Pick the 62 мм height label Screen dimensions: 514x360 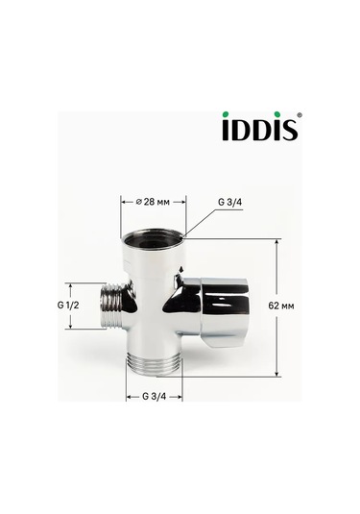click(x=300, y=304)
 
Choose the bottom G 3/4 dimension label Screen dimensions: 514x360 click(x=155, y=397)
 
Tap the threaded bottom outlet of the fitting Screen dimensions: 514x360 click(x=154, y=363)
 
